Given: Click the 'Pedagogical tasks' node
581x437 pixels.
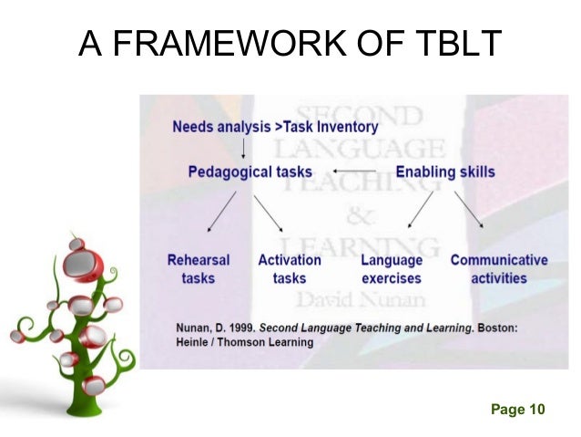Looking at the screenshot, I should pyautogui.click(x=250, y=172).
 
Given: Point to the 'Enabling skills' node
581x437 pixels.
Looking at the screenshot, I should pyautogui.click(x=445, y=172).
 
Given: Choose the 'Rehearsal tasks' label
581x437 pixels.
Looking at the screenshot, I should pyautogui.click(x=198, y=269).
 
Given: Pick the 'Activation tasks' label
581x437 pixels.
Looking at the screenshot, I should pyautogui.click(x=289, y=269).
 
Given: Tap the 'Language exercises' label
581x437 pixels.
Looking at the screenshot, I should pyautogui.click(x=392, y=269).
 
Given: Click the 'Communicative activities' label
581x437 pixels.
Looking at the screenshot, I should pyautogui.click(x=499, y=269).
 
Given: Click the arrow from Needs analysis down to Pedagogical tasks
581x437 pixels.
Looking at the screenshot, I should pyautogui.click(x=243, y=148).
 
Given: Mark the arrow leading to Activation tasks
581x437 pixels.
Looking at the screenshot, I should pyautogui.click(x=269, y=211).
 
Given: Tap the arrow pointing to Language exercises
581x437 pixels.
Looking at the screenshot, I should pyautogui.click(x=420, y=210).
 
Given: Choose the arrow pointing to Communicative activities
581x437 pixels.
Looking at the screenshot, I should pyautogui.click(x=470, y=210).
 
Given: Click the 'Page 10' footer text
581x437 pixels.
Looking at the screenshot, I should pyautogui.click(x=517, y=409).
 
